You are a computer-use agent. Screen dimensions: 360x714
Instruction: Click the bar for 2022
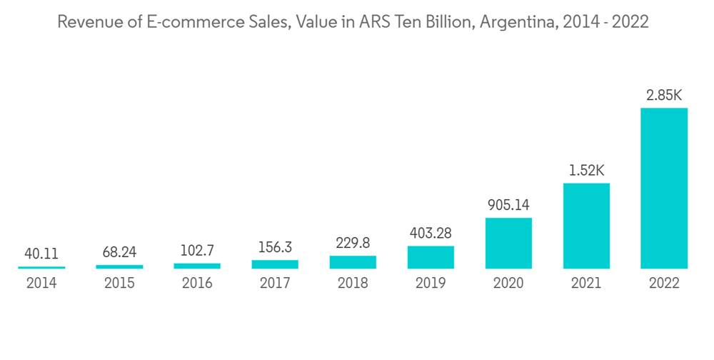[664, 189]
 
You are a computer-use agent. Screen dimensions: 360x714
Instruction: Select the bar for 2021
[586, 226]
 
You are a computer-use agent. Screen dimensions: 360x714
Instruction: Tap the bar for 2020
[508, 243]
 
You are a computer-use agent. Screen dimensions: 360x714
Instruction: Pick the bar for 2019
[431, 257]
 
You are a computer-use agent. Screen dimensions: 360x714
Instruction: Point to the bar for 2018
[353, 262]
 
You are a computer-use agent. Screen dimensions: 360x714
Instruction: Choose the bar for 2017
[275, 264]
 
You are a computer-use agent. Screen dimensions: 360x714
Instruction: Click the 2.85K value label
[664, 95]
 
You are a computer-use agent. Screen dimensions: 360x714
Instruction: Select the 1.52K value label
[586, 171]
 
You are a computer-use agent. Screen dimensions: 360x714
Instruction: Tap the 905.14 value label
[508, 205]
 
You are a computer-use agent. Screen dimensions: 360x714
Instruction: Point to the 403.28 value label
[431, 234]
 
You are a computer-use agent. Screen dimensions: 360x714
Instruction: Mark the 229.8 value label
[353, 243]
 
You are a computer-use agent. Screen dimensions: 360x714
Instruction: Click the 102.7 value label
[197, 251]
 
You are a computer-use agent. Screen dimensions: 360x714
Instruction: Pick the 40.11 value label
[41, 254]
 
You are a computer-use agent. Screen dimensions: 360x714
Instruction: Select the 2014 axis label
[41, 284]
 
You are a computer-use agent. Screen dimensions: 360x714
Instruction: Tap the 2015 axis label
[119, 284]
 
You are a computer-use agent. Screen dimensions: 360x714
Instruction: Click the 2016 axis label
[197, 284]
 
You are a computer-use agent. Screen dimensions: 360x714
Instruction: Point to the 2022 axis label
[664, 284]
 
